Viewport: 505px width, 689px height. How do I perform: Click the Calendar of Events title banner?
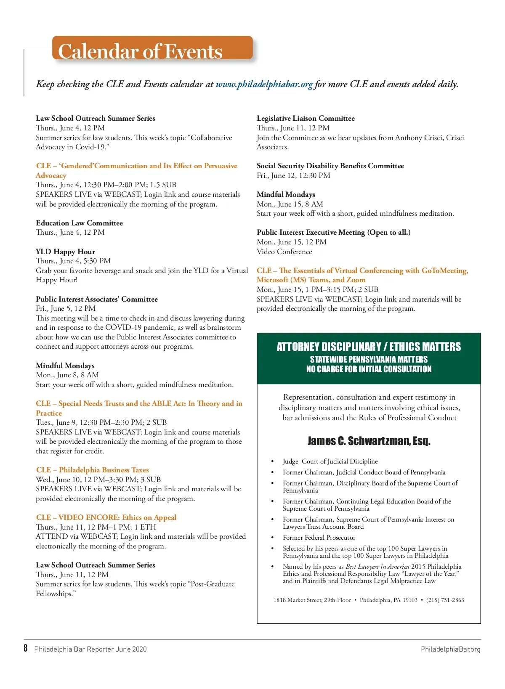pos(152,50)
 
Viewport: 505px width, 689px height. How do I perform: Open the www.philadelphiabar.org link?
pos(264,84)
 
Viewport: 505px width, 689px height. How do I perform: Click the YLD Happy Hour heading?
pos(65,252)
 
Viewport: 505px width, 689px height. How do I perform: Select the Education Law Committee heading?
pos(79,223)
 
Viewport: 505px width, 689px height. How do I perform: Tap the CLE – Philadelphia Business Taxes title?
pos(92,470)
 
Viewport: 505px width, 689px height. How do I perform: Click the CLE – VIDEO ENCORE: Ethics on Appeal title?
pos(106,517)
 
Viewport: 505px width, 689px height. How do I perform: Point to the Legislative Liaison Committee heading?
pos(306,118)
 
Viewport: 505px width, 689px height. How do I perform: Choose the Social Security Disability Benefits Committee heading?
pos(330,166)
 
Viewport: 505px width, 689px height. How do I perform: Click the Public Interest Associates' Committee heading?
pos(97,299)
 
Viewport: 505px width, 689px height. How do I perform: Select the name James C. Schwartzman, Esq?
pos(369,441)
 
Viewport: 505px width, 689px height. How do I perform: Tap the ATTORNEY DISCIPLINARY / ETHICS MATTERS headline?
pos(369,347)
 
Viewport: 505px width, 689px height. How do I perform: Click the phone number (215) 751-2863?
pos(445,600)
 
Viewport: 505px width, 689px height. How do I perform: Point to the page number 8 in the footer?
pos(26,648)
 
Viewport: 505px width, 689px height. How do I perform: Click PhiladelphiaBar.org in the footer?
pos(450,649)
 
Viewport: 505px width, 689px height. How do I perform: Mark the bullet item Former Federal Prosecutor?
pos(319,538)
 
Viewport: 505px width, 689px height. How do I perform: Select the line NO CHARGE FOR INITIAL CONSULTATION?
pos(369,369)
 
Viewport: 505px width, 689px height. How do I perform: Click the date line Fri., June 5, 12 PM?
pos(66,308)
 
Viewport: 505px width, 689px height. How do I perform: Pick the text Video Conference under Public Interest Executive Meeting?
pos(284,252)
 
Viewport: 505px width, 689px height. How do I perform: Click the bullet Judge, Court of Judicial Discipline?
pos(330,461)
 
